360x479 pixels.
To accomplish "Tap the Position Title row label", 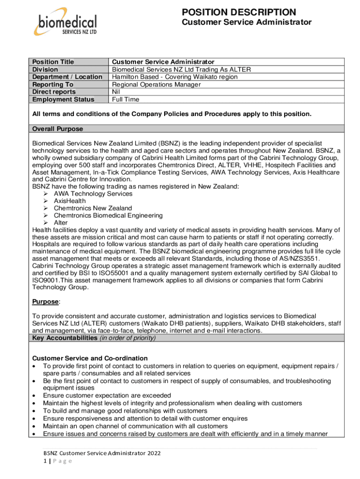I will pyautogui.click(x=53, y=62).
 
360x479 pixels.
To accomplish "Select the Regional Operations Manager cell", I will pyautogui.click(x=156, y=84).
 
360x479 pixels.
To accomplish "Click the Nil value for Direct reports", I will pyautogui.click(x=116, y=92).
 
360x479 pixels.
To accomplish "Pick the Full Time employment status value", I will pyautogui.click(x=126, y=99).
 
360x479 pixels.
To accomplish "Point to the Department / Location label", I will pyautogui.click(x=67, y=77).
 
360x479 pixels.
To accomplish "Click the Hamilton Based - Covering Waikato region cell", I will pyautogui.click(x=174, y=77).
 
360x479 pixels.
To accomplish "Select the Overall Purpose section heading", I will pyautogui.click(x=58, y=129).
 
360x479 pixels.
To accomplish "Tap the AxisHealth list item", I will pyautogui.click(x=70, y=201).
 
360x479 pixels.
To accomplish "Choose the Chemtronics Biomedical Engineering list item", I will pyautogui.click(x=108, y=216).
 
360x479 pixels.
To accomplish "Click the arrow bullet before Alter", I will pyautogui.click(x=46, y=223).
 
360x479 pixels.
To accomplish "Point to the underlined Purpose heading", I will pyautogui.click(x=46, y=302).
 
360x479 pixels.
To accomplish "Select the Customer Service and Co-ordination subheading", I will pyautogui.click(x=90, y=358).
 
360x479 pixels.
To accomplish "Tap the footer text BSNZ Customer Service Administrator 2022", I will pyautogui.click(x=101, y=453).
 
